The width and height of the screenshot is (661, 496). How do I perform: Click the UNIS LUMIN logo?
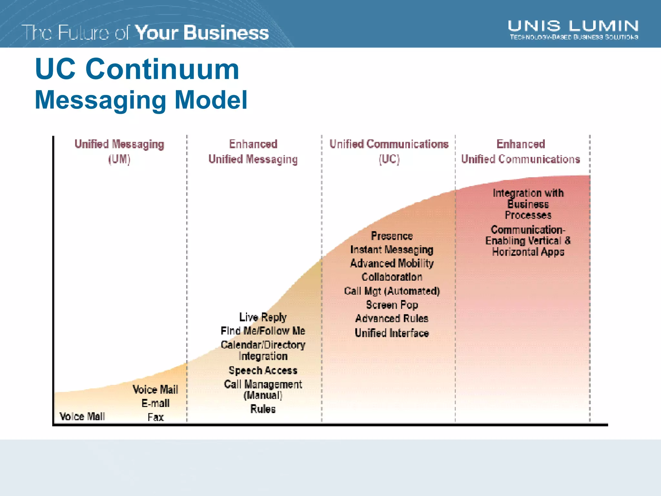point(573,30)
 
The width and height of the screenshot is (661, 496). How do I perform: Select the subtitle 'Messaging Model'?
point(141,100)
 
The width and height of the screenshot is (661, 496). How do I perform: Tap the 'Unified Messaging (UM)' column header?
point(119,151)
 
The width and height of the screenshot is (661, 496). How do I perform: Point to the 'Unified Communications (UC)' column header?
point(389,151)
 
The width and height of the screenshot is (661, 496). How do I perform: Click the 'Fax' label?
point(156,417)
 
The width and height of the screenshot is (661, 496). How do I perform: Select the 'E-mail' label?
point(155,403)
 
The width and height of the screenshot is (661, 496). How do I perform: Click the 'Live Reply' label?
point(263,317)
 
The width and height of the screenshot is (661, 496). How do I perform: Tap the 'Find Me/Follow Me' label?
point(263,331)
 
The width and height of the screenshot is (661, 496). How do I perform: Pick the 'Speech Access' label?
point(263,370)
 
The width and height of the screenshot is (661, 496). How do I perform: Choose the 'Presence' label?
point(392,236)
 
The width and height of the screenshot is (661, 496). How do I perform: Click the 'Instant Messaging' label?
point(392,250)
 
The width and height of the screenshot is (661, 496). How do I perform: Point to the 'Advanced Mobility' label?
point(392,263)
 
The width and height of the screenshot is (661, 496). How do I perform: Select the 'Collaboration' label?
point(392,277)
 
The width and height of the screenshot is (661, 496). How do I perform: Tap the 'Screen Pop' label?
point(392,305)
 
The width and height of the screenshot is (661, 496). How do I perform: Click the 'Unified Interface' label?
point(392,333)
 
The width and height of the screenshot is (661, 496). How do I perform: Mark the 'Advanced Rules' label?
point(392,319)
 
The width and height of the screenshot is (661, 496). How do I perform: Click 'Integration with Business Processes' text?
point(528,204)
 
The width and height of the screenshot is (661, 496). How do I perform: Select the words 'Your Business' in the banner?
point(202,33)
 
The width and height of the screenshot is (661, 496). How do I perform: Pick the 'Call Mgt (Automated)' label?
point(392,291)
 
